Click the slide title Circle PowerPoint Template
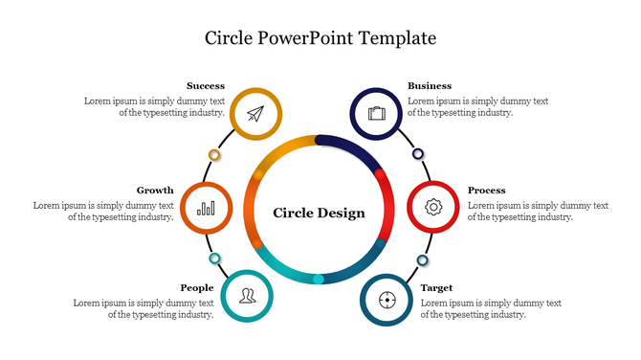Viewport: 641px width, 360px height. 320,38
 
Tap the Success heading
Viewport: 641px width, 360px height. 206,86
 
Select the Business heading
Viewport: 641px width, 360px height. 430,86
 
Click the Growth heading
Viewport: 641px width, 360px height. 155,191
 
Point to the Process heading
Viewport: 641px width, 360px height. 487,191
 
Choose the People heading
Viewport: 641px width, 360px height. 197,288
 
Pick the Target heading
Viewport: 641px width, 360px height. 437,288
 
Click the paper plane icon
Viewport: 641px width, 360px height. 255,114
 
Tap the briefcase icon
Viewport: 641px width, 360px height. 376,114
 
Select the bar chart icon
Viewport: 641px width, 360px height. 206,208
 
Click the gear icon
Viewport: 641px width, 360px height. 433,207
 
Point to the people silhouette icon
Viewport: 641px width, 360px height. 247,296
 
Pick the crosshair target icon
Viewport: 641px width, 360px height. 387,300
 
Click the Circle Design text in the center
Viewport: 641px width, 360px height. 320,213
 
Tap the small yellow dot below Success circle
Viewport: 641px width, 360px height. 214,154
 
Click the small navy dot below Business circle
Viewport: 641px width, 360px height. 418,153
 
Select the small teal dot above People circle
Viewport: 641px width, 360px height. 215,259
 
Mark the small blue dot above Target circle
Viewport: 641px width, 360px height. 422,260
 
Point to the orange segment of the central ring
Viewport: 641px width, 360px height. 254,206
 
